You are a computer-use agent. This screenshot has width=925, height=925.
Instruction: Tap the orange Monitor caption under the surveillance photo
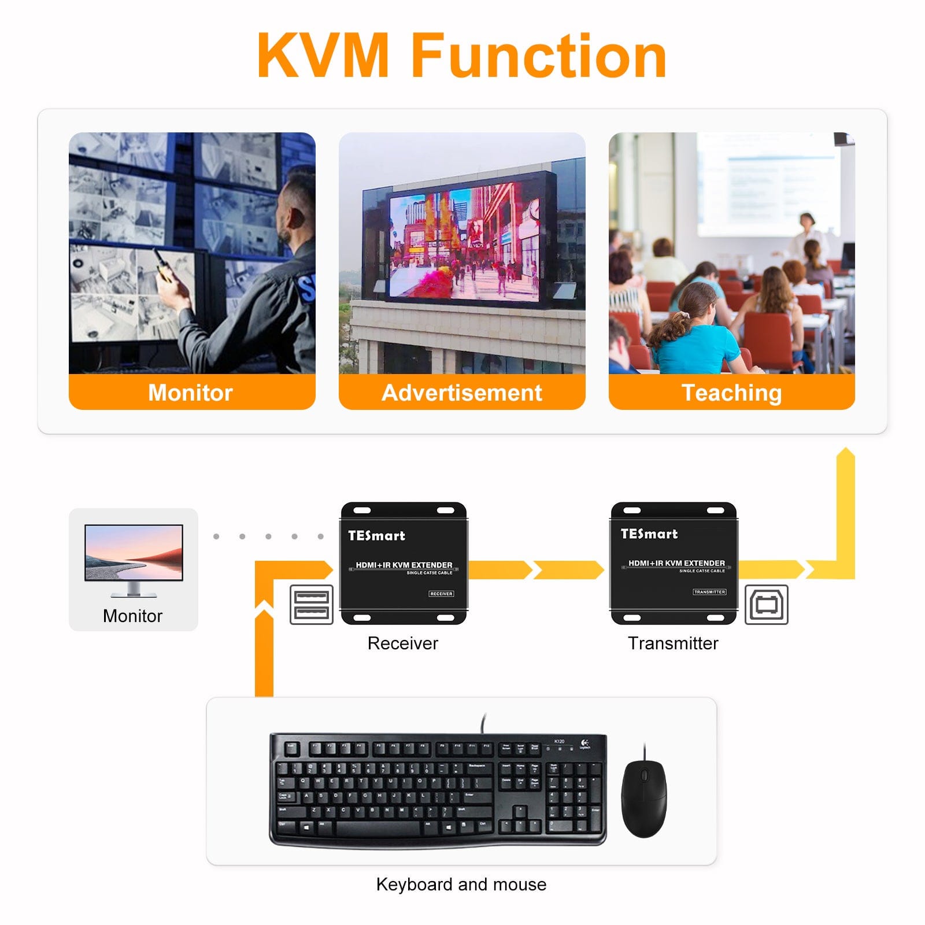pyautogui.click(x=191, y=393)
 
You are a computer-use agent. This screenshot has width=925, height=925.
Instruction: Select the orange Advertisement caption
pyautogui.click(x=462, y=393)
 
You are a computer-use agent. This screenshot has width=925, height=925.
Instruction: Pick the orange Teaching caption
pyautogui.click(x=732, y=393)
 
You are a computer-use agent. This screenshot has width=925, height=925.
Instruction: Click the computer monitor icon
pyautogui.click(x=134, y=558)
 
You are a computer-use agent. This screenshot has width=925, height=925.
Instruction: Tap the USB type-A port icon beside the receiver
pyautogui.click(x=312, y=605)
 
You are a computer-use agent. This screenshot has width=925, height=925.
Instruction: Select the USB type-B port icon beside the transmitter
pyautogui.click(x=767, y=605)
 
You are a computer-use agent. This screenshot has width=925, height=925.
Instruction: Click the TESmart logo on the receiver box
pyautogui.click(x=376, y=536)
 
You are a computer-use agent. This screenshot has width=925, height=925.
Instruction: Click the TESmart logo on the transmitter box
pyautogui.click(x=649, y=534)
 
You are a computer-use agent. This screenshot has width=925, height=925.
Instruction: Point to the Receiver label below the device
pyautogui.click(x=403, y=643)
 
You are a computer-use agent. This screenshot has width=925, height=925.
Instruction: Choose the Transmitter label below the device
pyautogui.click(x=673, y=643)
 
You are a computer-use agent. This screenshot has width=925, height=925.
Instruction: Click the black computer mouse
pyautogui.click(x=644, y=799)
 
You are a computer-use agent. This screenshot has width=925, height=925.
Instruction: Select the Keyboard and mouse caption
pyautogui.click(x=461, y=885)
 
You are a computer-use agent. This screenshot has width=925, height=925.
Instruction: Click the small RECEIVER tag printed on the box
pyautogui.click(x=441, y=594)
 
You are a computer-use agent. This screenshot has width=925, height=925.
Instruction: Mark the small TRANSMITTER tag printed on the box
pyautogui.click(x=709, y=592)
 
